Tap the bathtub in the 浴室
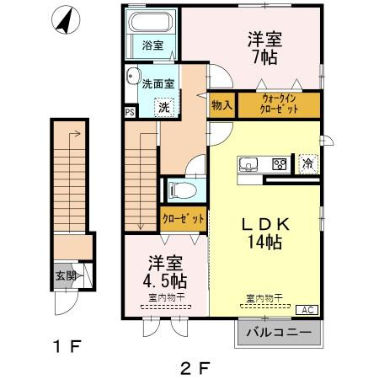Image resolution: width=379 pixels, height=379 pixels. coord(152,23)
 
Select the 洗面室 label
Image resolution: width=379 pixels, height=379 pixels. coord(158,83)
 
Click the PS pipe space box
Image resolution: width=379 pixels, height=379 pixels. coord(130,111)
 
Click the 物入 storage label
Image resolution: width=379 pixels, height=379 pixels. coord(222,106)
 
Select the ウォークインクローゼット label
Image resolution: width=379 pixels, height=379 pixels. coord(279,106)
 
